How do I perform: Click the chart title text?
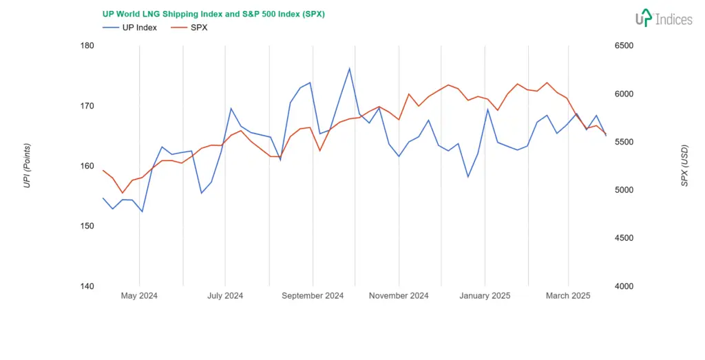pos(213,14)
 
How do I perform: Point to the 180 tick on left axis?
pos(87,46)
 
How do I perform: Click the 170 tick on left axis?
pos(87,106)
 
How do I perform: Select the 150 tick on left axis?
pos(87,226)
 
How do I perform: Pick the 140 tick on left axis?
pos(87,286)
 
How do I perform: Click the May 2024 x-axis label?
pos(139,296)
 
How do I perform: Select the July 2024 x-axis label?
pos(225,296)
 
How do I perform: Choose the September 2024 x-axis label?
pos(313,296)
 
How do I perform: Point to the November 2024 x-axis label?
pos(399,296)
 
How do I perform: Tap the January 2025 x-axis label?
pos(485,296)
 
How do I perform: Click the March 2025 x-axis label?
pos(568,296)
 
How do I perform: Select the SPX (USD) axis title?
pos(684,166)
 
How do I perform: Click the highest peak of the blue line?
pos(350,68)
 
